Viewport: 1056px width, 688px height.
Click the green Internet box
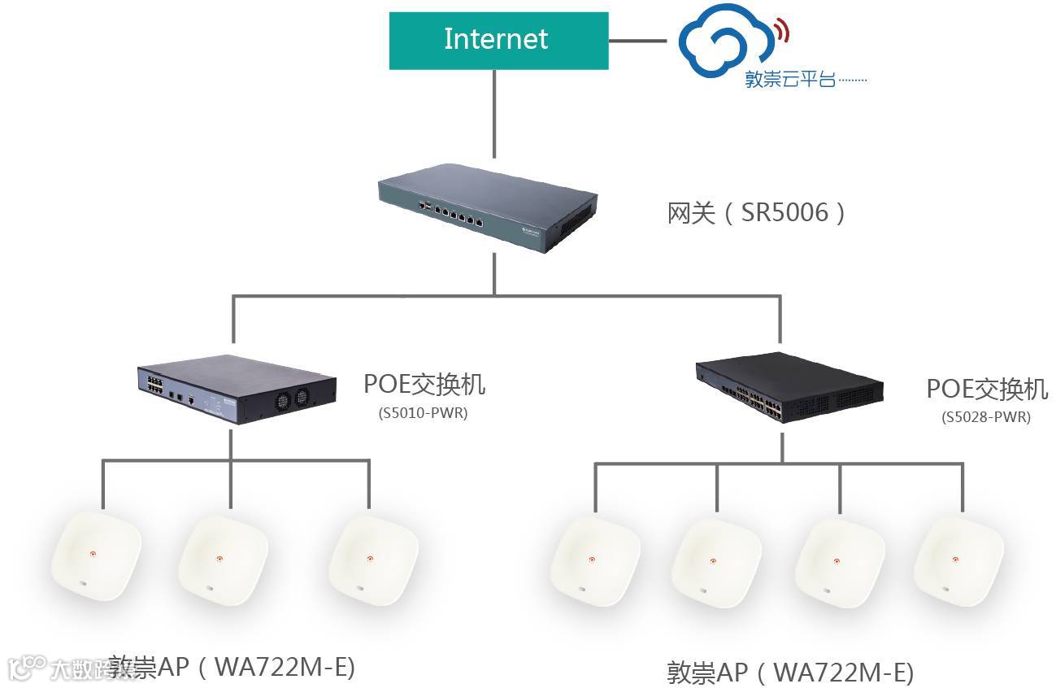point(498,40)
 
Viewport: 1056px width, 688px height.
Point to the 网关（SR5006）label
point(757,213)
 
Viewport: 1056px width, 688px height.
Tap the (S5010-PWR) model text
point(423,412)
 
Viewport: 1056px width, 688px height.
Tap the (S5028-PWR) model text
point(986,417)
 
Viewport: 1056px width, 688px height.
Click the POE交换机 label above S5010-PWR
point(424,383)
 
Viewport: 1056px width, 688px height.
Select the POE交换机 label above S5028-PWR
point(987,389)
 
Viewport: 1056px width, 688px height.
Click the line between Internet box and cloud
point(643,39)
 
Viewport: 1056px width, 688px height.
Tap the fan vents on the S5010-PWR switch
point(293,397)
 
